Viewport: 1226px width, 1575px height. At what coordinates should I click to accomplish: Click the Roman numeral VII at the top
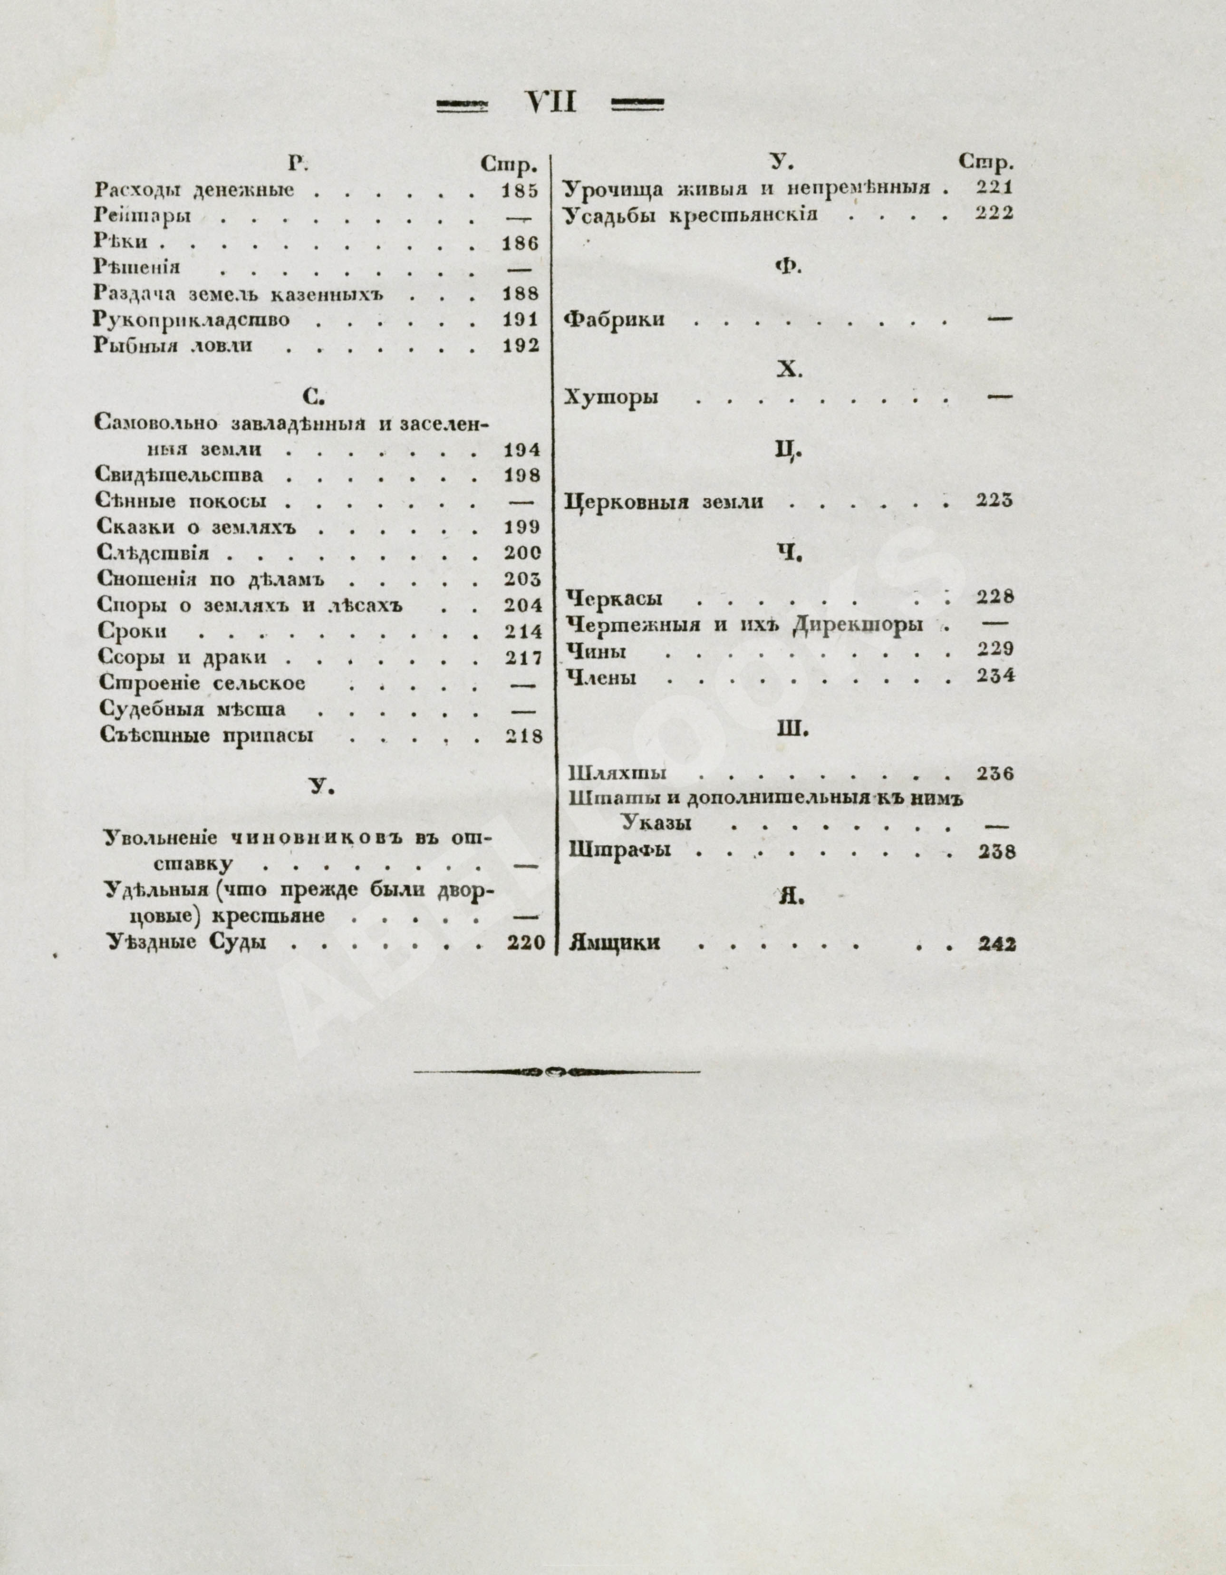(551, 103)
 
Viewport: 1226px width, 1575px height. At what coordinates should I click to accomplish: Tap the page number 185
(521, 191)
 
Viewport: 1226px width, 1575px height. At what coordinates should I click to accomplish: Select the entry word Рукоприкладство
(192, 319)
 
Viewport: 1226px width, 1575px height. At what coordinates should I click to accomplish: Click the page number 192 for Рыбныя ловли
(521, 346)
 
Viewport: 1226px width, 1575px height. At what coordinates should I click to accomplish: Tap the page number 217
(523, 657)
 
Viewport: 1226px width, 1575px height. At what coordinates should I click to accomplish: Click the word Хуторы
(611, 397)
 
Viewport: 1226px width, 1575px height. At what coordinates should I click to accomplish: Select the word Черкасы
(615, 599)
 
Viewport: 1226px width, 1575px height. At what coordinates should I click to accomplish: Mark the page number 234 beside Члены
(995, 676)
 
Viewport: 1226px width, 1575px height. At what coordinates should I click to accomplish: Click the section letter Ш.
(791, 730)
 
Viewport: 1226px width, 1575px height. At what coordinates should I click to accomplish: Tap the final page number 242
(997, 944)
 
